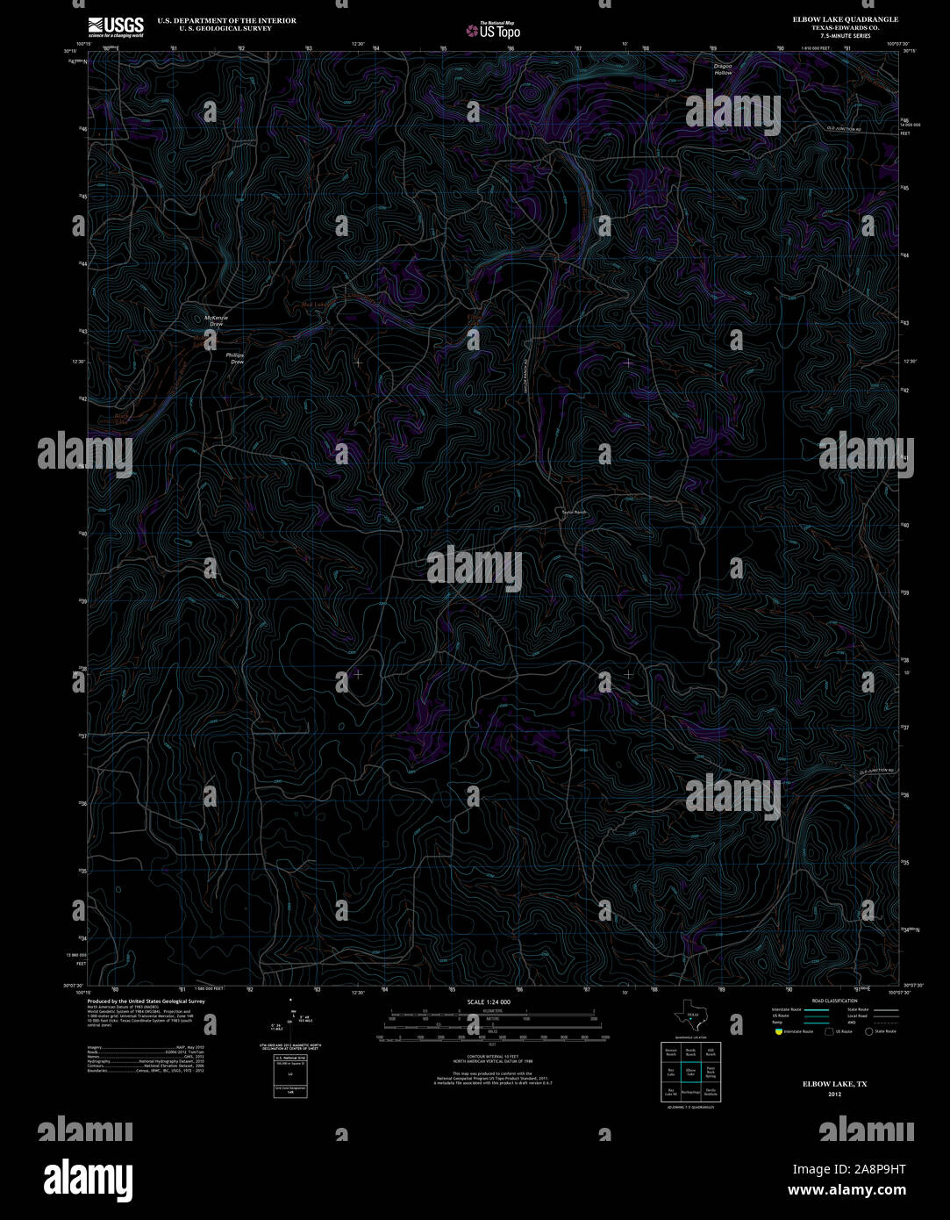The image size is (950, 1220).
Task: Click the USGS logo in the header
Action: (115, 26)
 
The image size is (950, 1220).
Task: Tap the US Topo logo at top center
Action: (493, 31)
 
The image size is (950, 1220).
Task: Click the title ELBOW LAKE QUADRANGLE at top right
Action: (845, 18)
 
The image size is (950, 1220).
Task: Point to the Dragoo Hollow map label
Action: (722, 69)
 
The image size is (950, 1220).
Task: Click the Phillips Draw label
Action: (235, 358)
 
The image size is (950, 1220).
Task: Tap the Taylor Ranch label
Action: (574, 513)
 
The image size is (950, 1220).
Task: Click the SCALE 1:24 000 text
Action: (489, 1001)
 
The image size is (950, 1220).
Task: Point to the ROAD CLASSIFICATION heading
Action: (834, 1001)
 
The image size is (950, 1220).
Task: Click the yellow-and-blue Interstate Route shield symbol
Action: (778, 1032)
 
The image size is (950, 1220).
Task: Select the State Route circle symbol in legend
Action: (870, 1032)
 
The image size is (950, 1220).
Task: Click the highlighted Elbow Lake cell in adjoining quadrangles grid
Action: (690, 1071)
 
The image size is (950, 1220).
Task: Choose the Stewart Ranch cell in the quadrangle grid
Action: (670, 1051)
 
